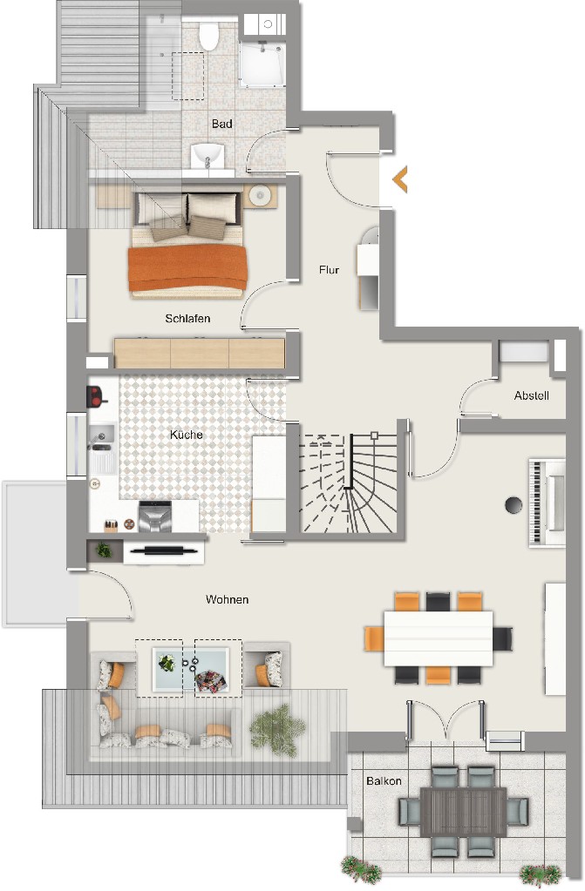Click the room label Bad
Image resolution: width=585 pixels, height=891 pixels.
pos(222,124)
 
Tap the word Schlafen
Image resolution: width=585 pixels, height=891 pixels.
pos(187,318)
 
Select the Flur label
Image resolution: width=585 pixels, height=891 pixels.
pos(329,270)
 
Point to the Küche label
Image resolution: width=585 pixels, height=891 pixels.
pos(186,434)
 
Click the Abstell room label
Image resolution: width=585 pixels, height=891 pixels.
pos(532,395)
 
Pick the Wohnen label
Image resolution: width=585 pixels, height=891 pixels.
pos(227,599)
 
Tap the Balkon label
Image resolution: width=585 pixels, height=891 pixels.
pos(384,780)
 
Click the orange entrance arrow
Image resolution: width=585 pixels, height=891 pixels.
pos(399,179)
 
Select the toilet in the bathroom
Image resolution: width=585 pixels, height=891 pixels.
pos(209,35)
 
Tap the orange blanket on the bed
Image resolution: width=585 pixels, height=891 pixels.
pos(187,268)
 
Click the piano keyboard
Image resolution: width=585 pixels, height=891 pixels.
pos(536,503)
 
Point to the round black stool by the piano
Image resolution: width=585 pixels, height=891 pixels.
pos(514,504)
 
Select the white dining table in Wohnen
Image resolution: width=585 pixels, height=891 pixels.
pos(439,638)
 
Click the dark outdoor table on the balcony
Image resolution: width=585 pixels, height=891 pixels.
pos(463,811)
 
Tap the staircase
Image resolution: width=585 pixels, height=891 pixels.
pos(348,483)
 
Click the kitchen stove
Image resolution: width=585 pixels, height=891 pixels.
pos(155,516)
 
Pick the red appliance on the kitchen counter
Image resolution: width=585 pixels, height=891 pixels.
pos(96,396)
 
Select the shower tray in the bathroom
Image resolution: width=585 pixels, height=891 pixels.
pos(262,64)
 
